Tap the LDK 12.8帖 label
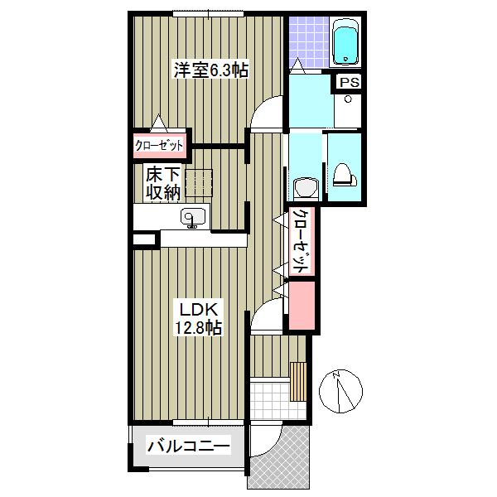coord(197,318)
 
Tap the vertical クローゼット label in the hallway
coord(302,242)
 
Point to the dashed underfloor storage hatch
coord(200,181)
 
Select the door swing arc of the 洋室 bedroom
coord(267,114)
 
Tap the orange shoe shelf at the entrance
coord(299,380)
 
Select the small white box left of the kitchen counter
coord(144,240)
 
